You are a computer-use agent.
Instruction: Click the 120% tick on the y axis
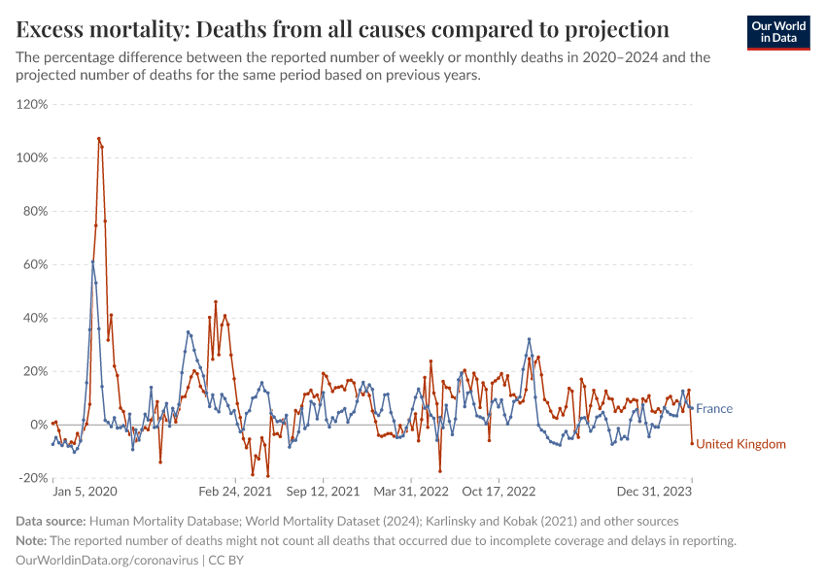[32, 104]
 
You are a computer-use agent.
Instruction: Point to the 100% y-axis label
[32, 157]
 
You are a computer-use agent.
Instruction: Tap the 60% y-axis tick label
[35, 264]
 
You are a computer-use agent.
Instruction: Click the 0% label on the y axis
[39, 425]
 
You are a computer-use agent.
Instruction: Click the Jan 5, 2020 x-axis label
[84, 493]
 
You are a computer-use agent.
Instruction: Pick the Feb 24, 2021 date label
[236, 493]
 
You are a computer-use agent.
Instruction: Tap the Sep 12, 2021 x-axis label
[323, 493]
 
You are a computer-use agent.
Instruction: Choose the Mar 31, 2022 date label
[411, 493]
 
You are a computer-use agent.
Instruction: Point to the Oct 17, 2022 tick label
[499, 493]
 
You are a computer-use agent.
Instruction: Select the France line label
[714, 409]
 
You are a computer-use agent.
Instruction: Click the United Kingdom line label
[740, 444]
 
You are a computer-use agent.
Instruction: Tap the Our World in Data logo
[778, 32]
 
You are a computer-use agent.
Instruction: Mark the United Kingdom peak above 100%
[99, 139]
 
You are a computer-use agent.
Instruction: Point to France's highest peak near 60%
[93, 261]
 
